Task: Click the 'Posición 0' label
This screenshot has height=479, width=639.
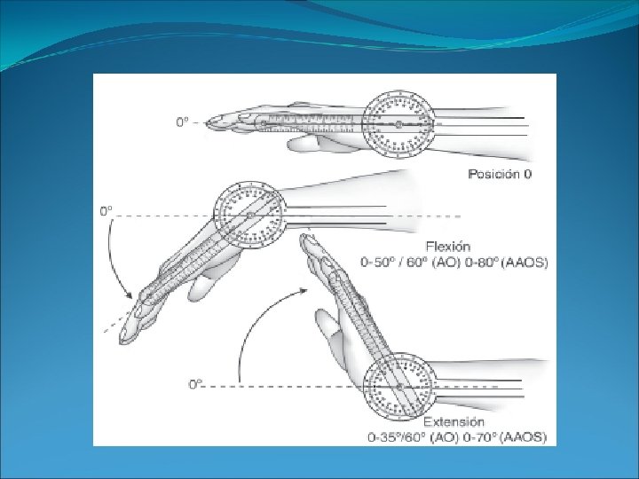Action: point(501,174)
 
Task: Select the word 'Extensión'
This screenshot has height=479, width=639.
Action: point(454,421)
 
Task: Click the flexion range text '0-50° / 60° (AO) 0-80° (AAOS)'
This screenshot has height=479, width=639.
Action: point(454,262)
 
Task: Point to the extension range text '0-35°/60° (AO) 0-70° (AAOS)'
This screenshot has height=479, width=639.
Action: point(458,436)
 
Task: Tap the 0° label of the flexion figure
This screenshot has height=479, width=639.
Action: point(106,211)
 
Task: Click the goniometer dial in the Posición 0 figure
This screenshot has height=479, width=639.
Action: point(399,126)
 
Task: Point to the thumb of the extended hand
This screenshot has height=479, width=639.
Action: point(330,333)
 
